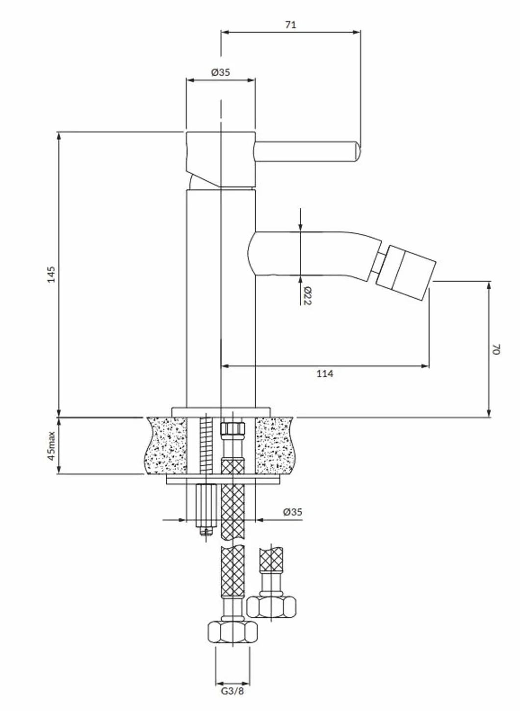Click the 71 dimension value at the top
click(290, 25)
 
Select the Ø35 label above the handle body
click(221, 73)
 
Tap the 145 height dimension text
click(51, 274)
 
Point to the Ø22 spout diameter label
click(307, 296)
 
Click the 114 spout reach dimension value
click(325, 374)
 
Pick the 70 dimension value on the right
click(496, 349)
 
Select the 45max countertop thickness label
click(51, 446)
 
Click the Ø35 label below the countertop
click(293, 512)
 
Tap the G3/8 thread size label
click(233, 698)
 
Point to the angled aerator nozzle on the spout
click(406, 272)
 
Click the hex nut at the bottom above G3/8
click(233, 632)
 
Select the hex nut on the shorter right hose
click(271, 607)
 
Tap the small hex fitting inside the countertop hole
click(233, 428)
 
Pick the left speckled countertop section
click(166, 446)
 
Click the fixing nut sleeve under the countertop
click(206, 505)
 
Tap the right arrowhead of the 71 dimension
click(357, 32)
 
